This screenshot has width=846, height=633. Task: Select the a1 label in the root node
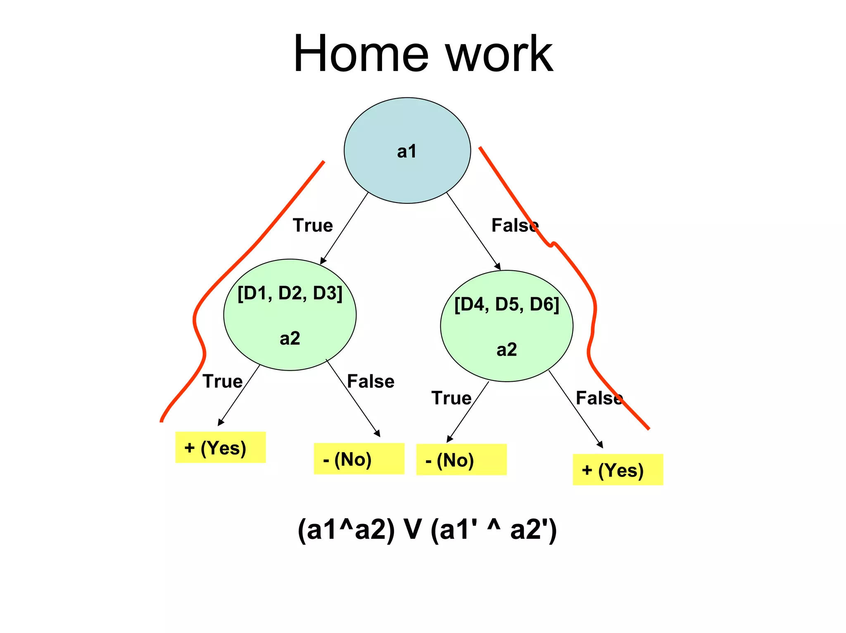coord(406,151)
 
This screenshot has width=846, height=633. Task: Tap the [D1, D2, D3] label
coord(290,293)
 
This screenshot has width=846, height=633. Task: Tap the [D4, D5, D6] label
coord(506,305)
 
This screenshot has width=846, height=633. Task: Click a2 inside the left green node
coord(290,338)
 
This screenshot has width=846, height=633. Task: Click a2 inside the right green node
coord(506,350)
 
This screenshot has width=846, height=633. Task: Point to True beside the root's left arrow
coord(313,225)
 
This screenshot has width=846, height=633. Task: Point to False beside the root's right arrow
coord(515,225)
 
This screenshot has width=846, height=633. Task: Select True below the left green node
coord(222,381)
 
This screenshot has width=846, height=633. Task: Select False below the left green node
coord(371,381)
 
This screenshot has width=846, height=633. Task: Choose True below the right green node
coord(451,398)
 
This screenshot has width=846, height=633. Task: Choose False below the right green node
coord(599,398)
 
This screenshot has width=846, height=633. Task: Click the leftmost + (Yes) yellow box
coord(220,447)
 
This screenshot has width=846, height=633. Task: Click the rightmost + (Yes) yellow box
coord(618,470)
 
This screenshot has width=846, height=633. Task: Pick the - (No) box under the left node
coord(359,459)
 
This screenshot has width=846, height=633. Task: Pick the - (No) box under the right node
coord(461,460)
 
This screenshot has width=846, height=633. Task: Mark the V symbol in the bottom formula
coord(412,529)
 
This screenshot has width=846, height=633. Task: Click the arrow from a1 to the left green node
coord(344,228)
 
